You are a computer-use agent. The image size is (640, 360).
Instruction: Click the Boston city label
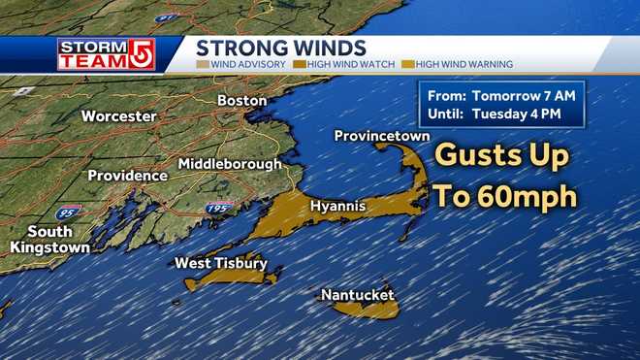pyautogui.click(x=241, y=100)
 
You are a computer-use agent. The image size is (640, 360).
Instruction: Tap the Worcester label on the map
pyautogui.click(x=118, y=115)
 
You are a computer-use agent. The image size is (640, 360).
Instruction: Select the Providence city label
pyautogui.click(x=127, y=176)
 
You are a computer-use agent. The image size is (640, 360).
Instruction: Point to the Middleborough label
pyautogui.click(x=230, y=163)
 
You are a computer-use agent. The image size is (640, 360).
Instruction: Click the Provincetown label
pyautogui.click(x=381, y=137)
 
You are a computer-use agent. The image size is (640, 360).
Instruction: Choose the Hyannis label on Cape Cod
pyautogui.click(x=336, y=206)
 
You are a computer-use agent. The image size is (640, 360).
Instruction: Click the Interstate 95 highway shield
pyautogui.click(x=69, y=211)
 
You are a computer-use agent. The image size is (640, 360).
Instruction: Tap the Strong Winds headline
pyautogui.click(x=281, y=48)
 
